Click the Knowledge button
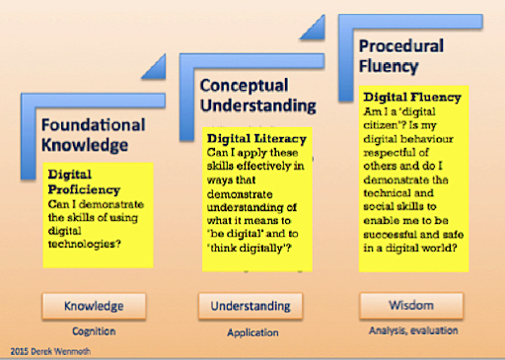94,306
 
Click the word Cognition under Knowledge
94,332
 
